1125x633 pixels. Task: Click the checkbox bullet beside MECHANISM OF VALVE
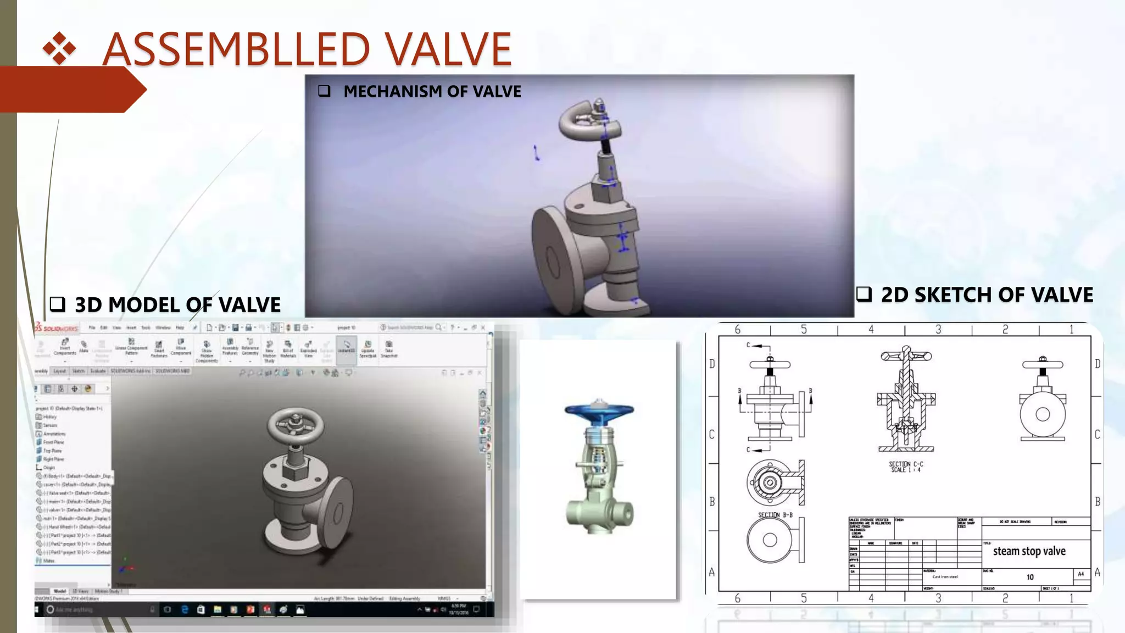324,91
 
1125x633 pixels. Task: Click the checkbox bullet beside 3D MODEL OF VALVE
57,304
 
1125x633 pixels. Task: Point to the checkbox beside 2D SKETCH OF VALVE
864,295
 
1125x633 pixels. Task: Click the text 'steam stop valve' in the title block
1029,551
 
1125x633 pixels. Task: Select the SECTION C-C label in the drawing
906,467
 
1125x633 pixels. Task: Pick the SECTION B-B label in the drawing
775,515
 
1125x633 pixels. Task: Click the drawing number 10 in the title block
1030,577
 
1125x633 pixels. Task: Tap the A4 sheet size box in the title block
1081,574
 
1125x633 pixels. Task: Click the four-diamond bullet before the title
59,49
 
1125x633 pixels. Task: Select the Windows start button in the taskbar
38,609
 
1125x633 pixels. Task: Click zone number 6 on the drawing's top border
738,329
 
